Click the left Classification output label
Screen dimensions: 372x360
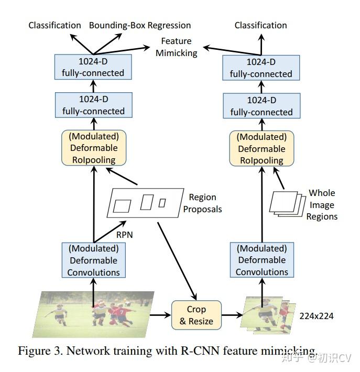(x=54, y=25)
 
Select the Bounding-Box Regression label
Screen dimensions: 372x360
(x=139, y=25)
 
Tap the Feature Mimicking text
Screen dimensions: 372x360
(x=176, y=47)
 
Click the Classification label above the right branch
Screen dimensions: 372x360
(x=260, y=25)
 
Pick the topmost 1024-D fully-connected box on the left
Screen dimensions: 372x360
(x=93, y=67)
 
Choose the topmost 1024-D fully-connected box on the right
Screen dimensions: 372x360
(x=261, y=68)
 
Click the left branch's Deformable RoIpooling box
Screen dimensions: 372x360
(x=94, y=148)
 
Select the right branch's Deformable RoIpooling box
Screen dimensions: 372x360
(x=261, y=148)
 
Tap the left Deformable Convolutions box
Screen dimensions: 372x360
(x=93, y=260)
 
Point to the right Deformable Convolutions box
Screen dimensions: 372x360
(x=261, y=260)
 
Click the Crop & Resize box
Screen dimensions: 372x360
(x=196, y=315)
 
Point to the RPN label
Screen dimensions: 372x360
(x=124, y=235)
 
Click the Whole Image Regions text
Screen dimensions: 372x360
(x=321, y=205)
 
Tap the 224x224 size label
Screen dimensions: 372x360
(x=316, y=316)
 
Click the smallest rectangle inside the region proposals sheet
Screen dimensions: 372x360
(x=162, y=203)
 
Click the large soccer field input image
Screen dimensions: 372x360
(x=94, y=314)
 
